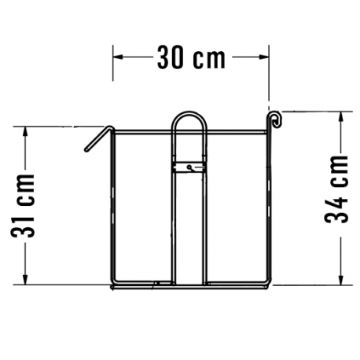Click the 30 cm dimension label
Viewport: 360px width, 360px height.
click(191, 57)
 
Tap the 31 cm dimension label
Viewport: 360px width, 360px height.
click(23, 205)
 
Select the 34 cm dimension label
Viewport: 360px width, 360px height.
click(336, 189)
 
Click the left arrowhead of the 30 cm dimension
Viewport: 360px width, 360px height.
click(118, 57)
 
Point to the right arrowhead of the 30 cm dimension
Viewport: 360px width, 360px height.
click(263, 57)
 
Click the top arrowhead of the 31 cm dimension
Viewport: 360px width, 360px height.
click(25, 131)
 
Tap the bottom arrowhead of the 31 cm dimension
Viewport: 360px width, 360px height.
click(25, 280)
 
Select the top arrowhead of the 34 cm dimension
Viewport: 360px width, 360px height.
click(341, 116)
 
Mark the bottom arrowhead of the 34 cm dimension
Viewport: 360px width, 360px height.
click(341, 280)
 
